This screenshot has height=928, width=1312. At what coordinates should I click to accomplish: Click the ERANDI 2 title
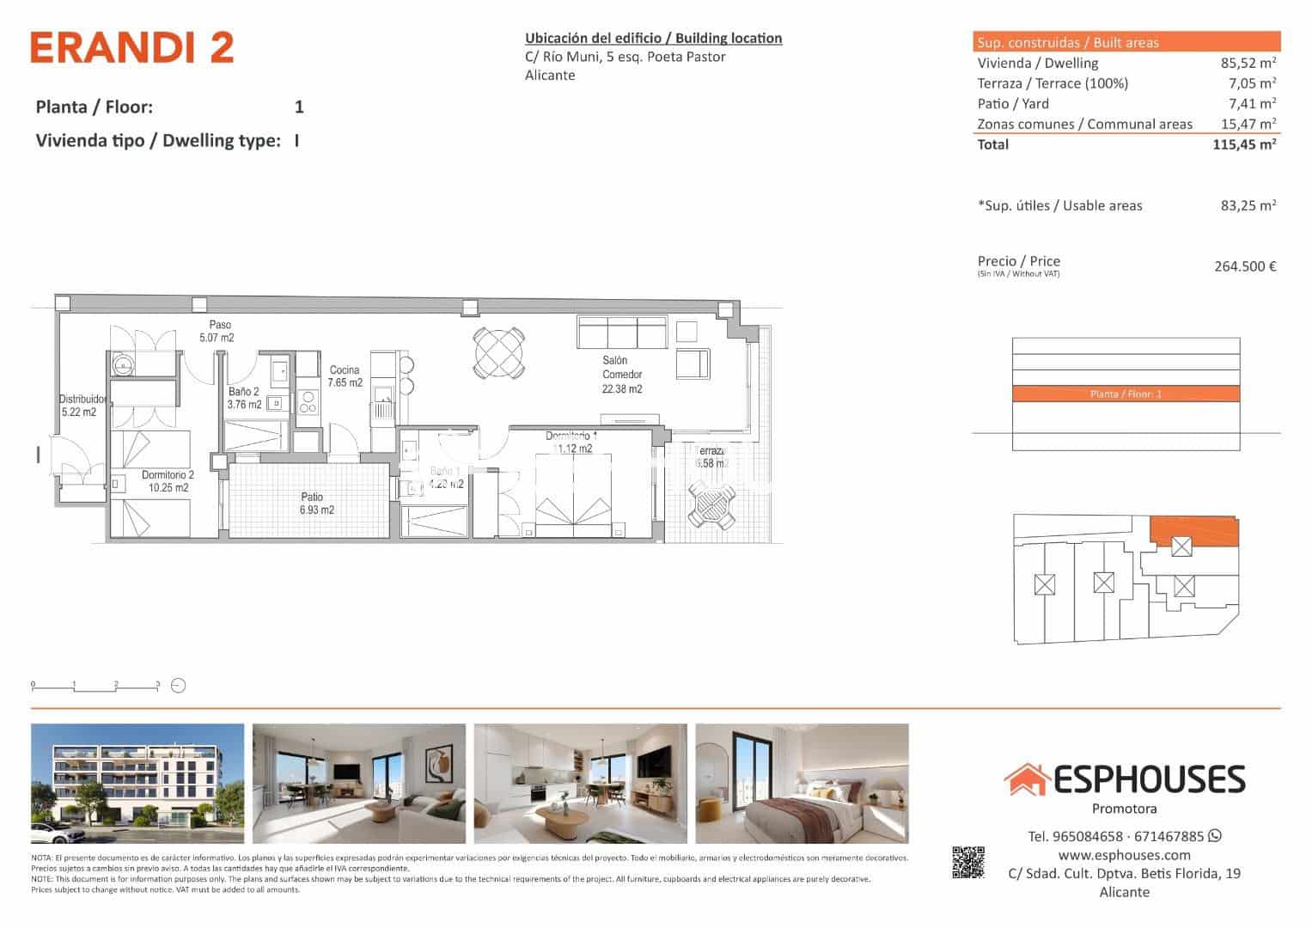[131, 48]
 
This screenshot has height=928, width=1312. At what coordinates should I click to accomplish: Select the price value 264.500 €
[1244, 266]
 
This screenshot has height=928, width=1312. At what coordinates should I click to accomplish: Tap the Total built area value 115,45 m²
[1243, 144]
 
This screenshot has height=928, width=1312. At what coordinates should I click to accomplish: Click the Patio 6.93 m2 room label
[315, 504]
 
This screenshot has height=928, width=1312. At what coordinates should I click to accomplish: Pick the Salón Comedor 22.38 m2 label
[621, 375]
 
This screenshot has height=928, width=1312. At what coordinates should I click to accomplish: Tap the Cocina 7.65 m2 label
[345, 376]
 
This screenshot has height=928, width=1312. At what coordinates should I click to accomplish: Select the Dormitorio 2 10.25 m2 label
[168, 481]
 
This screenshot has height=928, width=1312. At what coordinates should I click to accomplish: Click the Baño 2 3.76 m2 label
[244, 398]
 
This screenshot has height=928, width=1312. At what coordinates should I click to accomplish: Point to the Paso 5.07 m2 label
[218, 332]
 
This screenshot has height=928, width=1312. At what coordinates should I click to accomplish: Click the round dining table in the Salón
[498, 352]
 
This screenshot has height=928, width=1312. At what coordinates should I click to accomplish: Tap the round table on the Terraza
[713, 506]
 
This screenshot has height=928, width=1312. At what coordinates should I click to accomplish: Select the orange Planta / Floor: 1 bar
[1126, 394]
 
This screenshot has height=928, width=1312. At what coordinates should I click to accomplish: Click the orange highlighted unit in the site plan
[1194, 532]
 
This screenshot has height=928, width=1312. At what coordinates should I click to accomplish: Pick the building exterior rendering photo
[137, 784]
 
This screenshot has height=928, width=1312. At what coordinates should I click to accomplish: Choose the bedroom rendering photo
[801, 784]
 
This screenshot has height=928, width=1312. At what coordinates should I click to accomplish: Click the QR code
[967, 863]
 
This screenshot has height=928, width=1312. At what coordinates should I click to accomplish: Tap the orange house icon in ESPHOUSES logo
[1026, 779]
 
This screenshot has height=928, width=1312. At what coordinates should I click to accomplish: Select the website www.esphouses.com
[1124, 855]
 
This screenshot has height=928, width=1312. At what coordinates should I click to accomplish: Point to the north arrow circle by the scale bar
[179, 686]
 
